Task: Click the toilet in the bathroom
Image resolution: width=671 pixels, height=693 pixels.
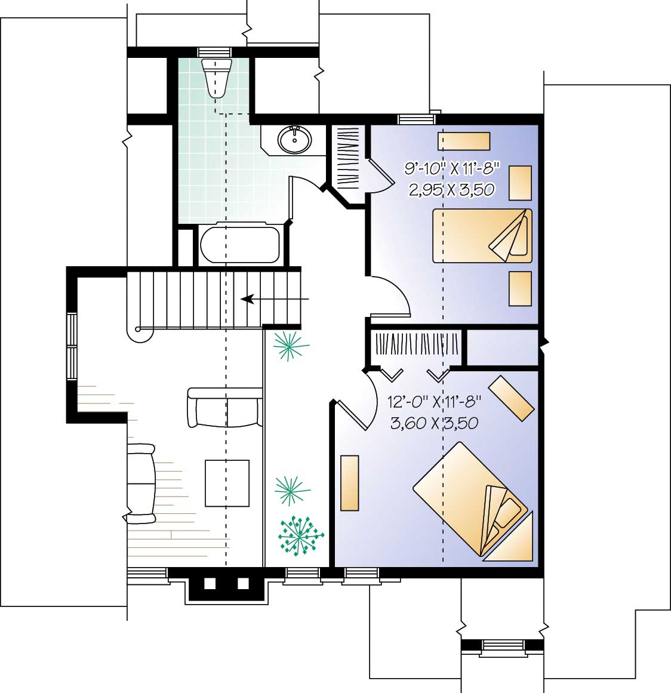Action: [216, 76]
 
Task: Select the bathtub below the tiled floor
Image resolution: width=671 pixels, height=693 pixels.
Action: [239, 245]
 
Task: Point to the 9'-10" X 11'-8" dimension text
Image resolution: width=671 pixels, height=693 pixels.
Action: [451, 169]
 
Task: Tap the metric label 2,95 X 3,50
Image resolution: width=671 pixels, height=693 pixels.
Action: [451, 190]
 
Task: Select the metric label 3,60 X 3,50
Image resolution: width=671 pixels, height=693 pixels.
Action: [434, 424]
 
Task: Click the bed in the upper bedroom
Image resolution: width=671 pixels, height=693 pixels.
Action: [482, 235]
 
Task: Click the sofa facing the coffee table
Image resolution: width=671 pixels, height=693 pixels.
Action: [225, 407]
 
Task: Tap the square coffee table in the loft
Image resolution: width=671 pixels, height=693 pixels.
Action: [227, 483]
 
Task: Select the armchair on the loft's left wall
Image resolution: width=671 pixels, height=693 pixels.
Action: [141, 482]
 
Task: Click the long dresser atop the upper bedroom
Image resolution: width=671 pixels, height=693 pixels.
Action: [464, 141]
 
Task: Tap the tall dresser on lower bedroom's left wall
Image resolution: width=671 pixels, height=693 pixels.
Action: [349, 483]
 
